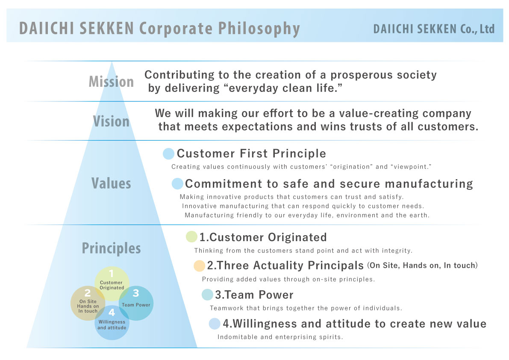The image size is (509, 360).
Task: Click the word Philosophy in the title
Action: click(259, 29)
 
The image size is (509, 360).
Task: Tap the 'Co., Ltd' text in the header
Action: click(477, 29)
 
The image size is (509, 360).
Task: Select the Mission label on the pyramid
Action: click(112, 82)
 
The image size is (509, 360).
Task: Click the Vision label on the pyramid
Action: click(112, 121)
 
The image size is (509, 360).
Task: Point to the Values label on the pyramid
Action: click(112, 183)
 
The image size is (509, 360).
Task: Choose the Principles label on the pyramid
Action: click(112, 249)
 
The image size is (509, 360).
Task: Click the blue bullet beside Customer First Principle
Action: click(168, 153)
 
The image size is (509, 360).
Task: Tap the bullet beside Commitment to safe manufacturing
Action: click(177, 184)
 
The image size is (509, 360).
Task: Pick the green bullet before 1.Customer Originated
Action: click(191, 236)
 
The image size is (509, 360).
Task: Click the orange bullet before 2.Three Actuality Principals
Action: click(199, 266)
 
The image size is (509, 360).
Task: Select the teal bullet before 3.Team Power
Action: click(207, 295)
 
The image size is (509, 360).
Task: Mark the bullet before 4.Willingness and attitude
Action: click(215, 324)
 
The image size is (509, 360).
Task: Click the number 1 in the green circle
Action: click(112, 273)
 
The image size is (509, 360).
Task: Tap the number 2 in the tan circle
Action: click(88, 293)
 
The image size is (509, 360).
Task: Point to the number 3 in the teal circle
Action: click(136, 293)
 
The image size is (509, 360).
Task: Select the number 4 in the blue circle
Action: click(112, 312)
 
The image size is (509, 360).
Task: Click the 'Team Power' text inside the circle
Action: click(136, 305)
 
